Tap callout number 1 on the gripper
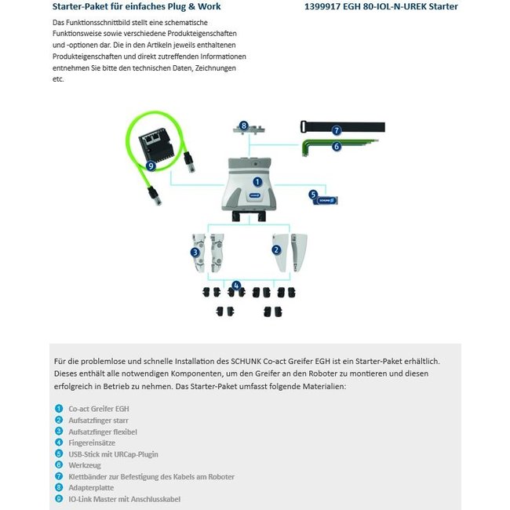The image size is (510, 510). (257, 181)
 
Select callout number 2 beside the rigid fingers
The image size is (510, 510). (276, 250)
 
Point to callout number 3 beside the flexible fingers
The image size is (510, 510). (195, 252)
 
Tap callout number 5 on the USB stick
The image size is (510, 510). (313, 195)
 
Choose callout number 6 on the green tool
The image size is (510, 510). (337, 146)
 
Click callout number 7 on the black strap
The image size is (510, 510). (337, 130)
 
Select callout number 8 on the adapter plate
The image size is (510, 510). (244, 126)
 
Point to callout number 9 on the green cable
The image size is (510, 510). (151, 166)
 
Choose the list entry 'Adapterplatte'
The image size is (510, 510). (91, 487)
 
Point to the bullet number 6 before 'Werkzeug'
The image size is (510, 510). (59, 465)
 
